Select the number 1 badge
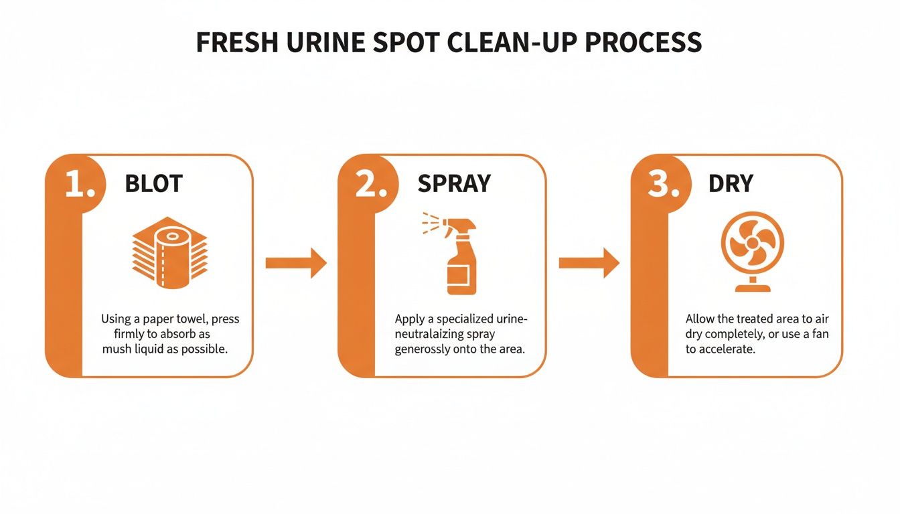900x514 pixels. (x=80, y=185)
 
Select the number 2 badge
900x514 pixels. (x=372, y=185)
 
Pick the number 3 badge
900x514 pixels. (x=665, y=185)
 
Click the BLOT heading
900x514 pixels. (x=153, y=184)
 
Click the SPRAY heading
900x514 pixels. (x=454, y=184)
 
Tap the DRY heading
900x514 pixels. (x=730, y=184)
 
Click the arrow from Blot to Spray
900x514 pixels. (x=295, y=262)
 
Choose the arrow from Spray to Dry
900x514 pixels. (x=589, y=262)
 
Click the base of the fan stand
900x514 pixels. (x=752, y=288)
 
